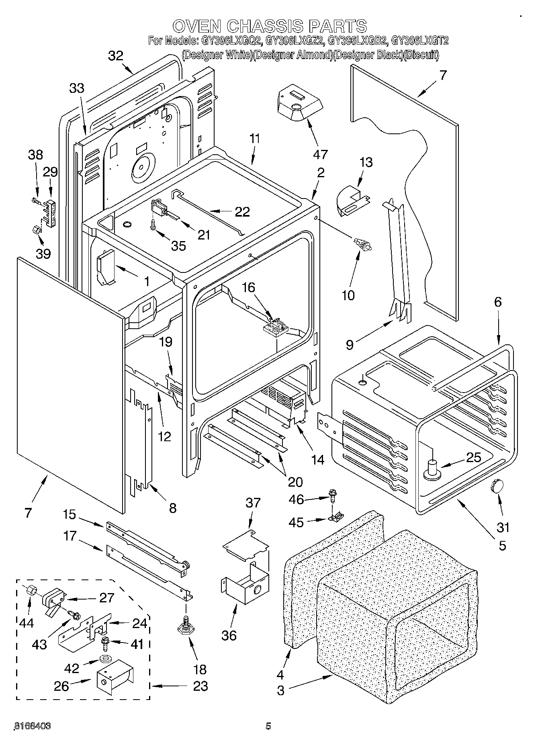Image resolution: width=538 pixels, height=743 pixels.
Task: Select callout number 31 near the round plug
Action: pyautogui.click(x=503, y=526)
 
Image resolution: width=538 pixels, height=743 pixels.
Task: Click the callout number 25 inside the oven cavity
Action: pyautogui.click(x=474, y=457)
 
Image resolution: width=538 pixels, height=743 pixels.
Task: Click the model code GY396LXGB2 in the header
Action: pyautogui.click(x=357, y=41)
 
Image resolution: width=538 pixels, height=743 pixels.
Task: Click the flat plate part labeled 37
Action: pyautogui.click(x=245, y=546)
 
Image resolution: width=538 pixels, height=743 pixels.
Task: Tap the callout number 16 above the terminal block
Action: pyautogui.click(x=249, y=287)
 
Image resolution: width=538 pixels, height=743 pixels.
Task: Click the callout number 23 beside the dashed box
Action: pyautogui.click(x=200, y=686)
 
